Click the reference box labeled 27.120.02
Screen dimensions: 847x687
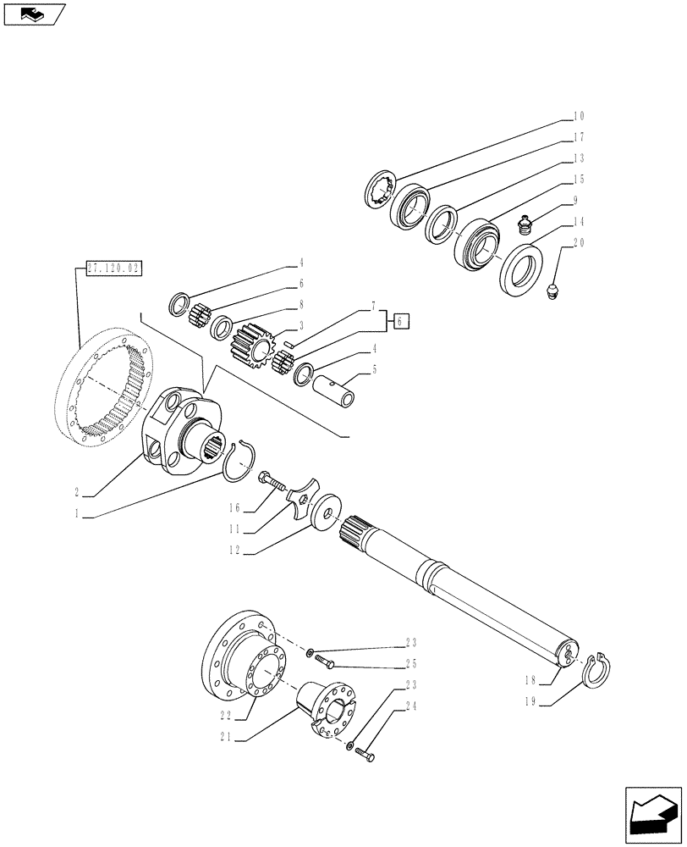[x=113, y=269]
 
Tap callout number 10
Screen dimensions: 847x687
[x=580, y=116]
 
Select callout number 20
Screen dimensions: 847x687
[x=580, y=243]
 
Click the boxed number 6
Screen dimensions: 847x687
[x=402, y=320]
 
